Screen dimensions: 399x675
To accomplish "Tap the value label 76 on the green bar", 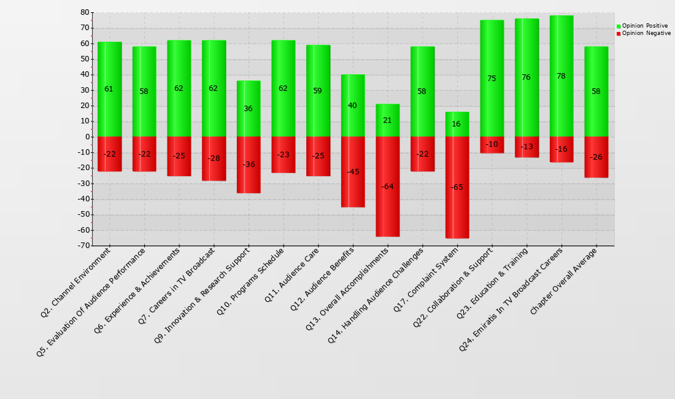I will coord(526,77).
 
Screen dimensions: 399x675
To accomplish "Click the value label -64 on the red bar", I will coord(388,187).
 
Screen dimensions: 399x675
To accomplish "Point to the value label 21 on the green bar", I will coord(387,120).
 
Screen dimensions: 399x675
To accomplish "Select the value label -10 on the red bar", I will coord(492,145).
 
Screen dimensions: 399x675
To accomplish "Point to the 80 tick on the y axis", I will coord(85,12).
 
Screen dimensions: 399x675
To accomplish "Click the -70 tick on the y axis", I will coord(83,246).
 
